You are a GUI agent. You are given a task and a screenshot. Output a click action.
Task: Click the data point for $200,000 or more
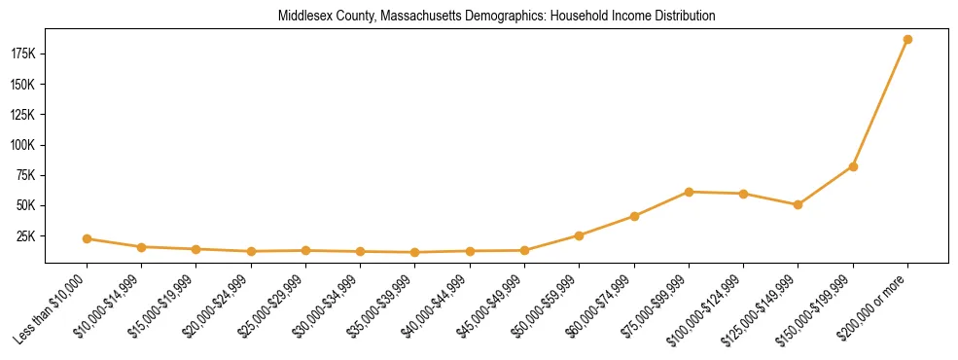[907, 40]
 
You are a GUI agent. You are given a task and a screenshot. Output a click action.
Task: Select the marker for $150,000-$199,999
[853, 166]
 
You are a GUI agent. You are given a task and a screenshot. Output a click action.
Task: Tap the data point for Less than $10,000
[88, 238]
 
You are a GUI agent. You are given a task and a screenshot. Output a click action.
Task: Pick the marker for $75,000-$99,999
[689, 192]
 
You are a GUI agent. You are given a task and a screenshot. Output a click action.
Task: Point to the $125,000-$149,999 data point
[798, 204]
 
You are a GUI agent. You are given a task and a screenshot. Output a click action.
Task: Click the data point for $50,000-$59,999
[580, 235]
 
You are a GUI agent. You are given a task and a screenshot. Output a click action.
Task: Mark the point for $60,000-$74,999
[634, 216]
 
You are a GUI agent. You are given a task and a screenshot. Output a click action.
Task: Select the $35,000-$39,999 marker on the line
[415, 252]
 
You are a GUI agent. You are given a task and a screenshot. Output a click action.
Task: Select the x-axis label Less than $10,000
[53, 307]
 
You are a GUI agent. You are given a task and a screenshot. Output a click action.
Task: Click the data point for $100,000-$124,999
[743, 194]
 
